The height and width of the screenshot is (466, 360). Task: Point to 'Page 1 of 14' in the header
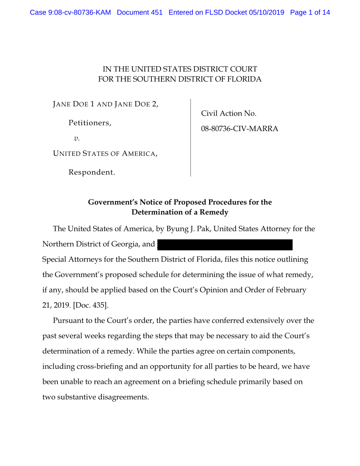pyautogui.click(x=310, y=12)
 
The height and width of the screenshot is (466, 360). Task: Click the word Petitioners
pyautogui.click(x=90, y=123)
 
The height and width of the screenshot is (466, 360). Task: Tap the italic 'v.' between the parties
pyautogui.click(x=77, y=138)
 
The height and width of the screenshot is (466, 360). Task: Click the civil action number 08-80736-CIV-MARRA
pyautogui.click(x=240, y=129)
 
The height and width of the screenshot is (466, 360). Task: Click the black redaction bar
pyautogui.click(x=225, y=244)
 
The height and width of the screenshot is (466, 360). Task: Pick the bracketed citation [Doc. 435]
pyautogui.click(x=87, y=305)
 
